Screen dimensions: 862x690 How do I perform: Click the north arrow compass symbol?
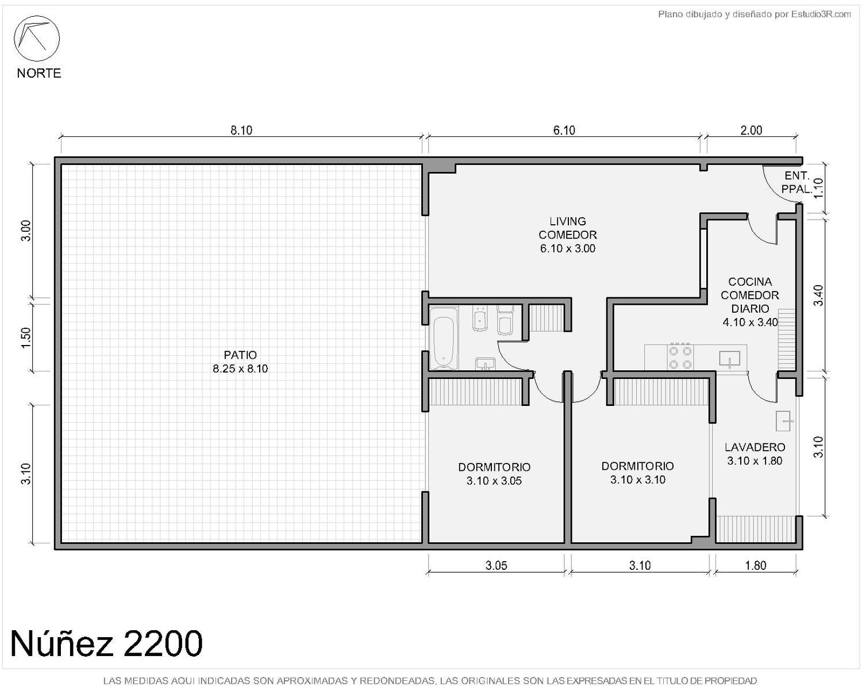(36, 39)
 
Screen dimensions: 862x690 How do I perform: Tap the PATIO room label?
(240, 355)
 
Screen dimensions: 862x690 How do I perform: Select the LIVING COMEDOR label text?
(568, 228)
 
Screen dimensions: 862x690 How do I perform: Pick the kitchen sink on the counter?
(730, 358)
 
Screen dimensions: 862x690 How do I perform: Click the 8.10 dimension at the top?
(241, 131)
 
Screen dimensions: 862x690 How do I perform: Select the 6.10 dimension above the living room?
(564, 131)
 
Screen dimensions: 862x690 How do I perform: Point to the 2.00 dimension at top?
(751, 131)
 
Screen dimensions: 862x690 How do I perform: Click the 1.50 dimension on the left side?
(25, 338)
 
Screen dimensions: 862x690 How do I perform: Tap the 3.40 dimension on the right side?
(818, 295)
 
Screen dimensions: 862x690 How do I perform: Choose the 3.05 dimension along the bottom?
(497, 565)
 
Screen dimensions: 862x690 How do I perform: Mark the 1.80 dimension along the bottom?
(756, 565)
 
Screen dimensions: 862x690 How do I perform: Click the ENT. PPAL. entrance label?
(796, 182)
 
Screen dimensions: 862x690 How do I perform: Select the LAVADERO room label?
(755, 447)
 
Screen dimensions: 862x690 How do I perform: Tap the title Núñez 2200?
(106, 643)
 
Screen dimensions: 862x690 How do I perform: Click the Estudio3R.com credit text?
(821, 14)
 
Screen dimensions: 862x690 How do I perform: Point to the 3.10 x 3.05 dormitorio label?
(494, 481)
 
